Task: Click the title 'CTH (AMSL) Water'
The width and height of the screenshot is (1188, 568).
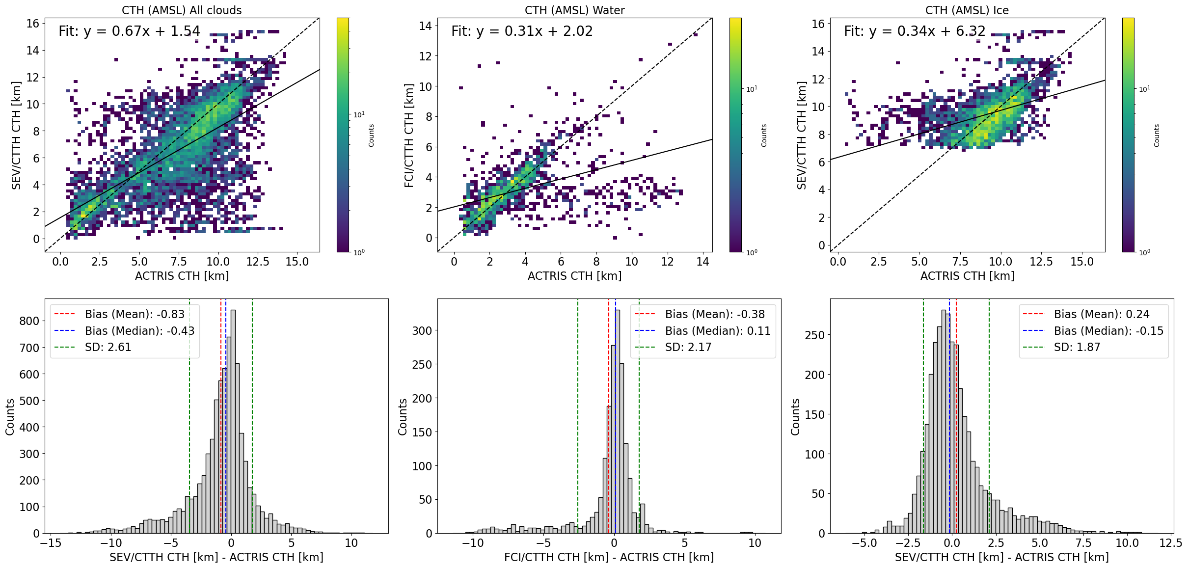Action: point(574,10)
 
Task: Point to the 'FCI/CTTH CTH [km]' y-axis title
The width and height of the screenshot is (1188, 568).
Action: point(408,135)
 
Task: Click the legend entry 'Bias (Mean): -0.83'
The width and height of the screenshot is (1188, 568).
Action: point(135,314)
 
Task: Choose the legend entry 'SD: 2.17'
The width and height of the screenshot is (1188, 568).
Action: point(688,347)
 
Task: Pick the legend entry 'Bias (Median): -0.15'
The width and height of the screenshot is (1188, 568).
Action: point(1108,331)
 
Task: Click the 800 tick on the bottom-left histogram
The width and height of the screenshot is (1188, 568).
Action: point(29,321)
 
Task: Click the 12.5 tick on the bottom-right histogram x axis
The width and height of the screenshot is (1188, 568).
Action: point(1170,543)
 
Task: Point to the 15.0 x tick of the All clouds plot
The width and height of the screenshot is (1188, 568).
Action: point(297,262)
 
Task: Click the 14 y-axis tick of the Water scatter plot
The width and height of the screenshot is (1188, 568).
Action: point(425,26)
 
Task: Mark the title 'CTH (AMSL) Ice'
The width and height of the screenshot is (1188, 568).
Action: point(967,10)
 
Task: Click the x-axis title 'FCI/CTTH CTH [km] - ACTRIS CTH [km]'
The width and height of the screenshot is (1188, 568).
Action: point(609,557)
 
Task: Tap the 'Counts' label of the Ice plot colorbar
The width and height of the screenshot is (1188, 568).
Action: point(1157,135)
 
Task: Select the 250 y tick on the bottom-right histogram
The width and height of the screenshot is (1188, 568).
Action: point(814,335)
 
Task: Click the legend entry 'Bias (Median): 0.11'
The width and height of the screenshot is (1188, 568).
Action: point(717,331)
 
